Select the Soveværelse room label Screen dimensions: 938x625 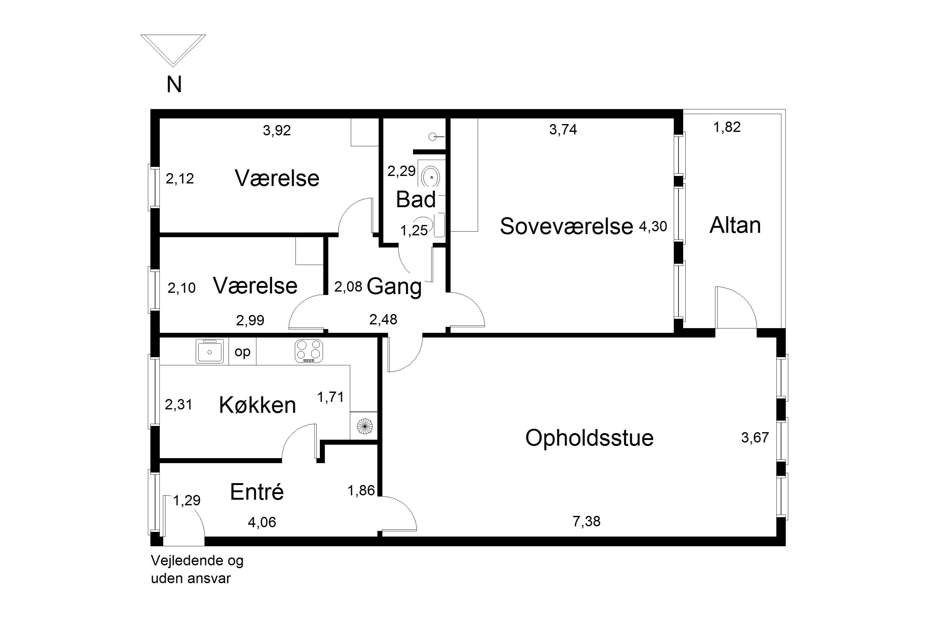(566, 226)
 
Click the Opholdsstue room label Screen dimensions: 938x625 (589, 438)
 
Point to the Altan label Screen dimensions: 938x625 (735, 225)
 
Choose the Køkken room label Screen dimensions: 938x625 (257, 405)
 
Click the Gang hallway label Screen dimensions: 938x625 (394, 287)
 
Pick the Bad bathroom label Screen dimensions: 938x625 (416, 199)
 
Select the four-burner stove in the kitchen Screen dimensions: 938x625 (309, 351)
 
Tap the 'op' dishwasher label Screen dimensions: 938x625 (243, 352)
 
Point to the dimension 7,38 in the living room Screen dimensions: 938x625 (586, 521)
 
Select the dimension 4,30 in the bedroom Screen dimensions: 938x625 (653, 226)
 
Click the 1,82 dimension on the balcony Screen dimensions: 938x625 (727, 127)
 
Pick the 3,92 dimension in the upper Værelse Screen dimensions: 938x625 (277, 130)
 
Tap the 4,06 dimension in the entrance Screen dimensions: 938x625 (262, 522)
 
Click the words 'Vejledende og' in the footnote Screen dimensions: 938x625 (197, 561)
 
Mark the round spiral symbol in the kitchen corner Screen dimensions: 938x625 (364, 426)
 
